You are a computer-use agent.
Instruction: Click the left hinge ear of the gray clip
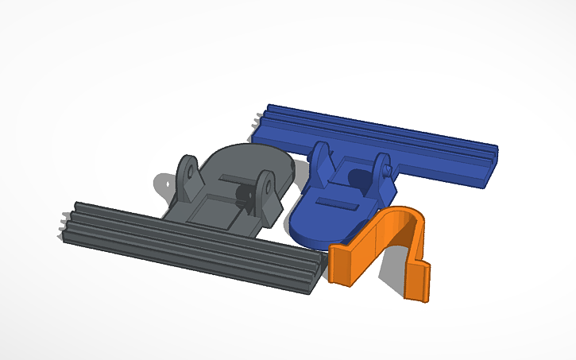pos(188,176)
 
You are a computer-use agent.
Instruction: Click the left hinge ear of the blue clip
pos(320,163)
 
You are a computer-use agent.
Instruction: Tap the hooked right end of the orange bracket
pos(419,281)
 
